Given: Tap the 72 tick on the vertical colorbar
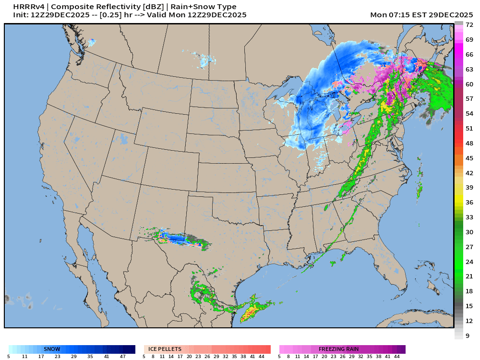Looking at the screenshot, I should [x=469, y=24].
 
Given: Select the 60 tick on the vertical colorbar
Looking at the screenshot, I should [x=469, y=84].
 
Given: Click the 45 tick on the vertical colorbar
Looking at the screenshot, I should [x=469, y=158].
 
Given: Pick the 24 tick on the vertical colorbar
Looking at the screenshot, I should [x=469, y=262].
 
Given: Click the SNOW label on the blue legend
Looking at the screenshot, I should [x=52, y=349].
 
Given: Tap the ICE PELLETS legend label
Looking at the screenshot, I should [x=165, y=349].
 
